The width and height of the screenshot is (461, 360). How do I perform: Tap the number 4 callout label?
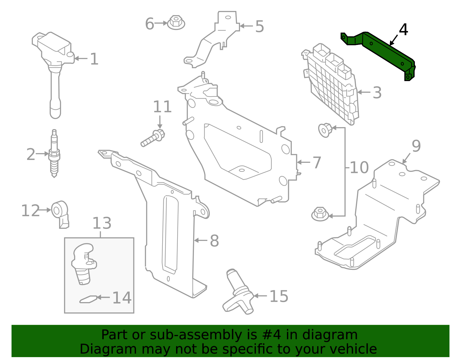403,30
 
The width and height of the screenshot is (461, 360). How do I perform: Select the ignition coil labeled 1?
53,58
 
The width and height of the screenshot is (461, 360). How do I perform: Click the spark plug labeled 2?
54,154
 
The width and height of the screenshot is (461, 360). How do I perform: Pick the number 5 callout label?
259,27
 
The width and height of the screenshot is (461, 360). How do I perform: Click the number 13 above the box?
102,223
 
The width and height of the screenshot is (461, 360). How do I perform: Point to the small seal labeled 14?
88,299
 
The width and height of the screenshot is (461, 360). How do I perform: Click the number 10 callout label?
359,167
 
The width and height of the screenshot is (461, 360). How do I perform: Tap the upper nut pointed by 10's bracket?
325,130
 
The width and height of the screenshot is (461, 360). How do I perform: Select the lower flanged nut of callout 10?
320,214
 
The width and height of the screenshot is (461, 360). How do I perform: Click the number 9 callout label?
416,146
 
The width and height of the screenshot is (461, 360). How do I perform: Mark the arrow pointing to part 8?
200,240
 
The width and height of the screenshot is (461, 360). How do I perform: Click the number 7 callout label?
317,163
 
